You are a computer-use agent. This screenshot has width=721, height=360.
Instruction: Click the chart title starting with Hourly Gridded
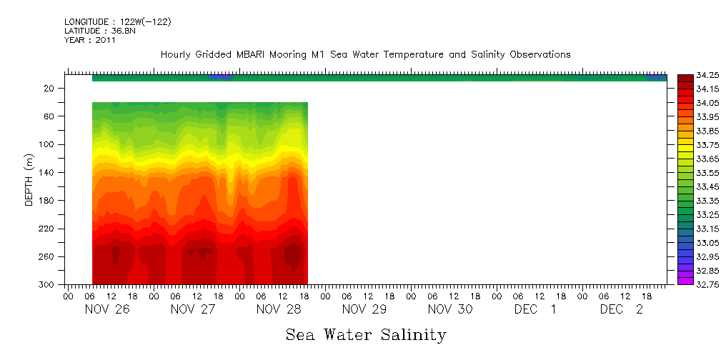pyautogui.click(x=365, y=55)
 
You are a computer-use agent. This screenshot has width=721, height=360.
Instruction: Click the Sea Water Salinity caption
pyautogui.click(x=366, y=335)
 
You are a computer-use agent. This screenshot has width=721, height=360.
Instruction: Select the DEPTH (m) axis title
pyautogui.click(x=29, y=179)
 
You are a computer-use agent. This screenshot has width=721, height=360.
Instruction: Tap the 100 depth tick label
pyautogui.click(x=47, y=144)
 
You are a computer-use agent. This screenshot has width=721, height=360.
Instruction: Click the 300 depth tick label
pyautogui.click(x=47, y=285)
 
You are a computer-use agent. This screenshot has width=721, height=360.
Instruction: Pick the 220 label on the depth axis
pyautogui.click(x=47, y=229)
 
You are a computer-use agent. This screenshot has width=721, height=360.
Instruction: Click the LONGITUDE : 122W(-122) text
pyautogui.click(x=117, y=22)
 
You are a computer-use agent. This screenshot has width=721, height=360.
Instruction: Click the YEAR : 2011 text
pyautogui.click(x=89, y=40)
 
